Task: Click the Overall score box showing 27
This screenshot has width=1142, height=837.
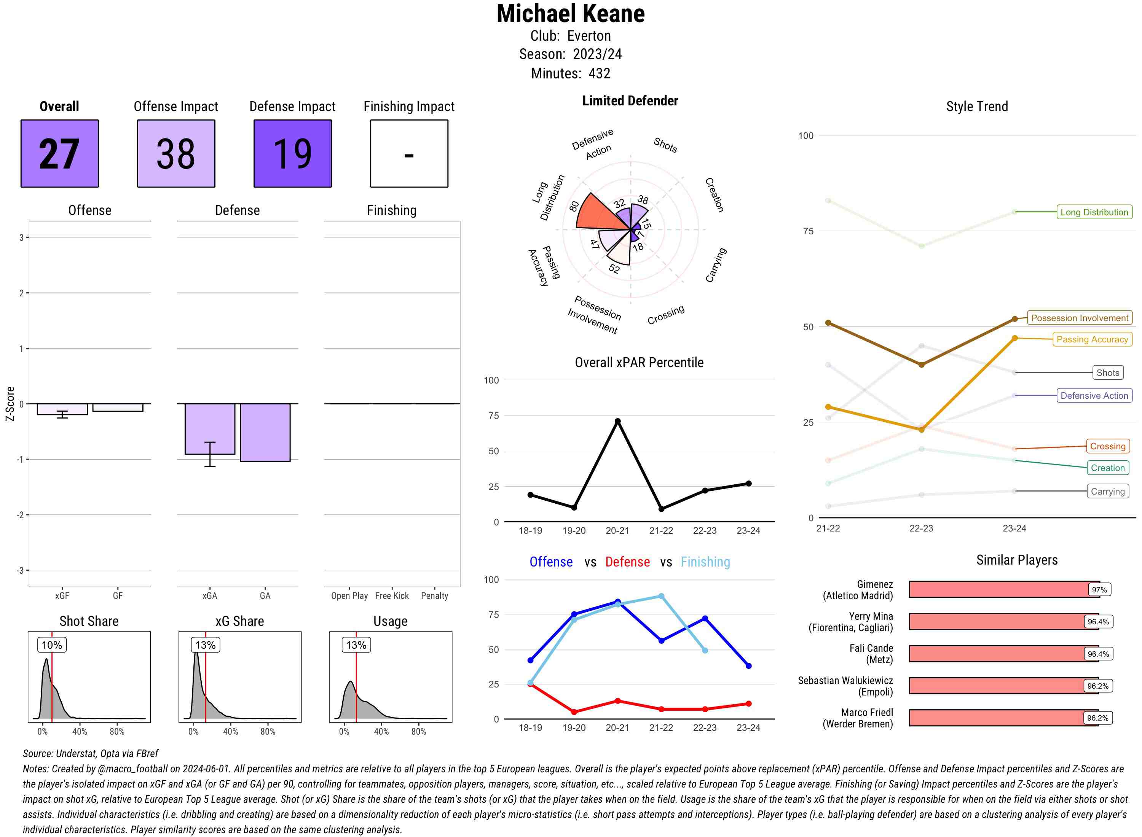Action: pyautogui.click(x=59, y=154)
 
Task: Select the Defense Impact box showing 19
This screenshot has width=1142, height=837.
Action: pyautogui.click(x=292, y=154)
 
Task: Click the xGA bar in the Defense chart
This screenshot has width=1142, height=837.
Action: pyautogui.click(x=209, y=429)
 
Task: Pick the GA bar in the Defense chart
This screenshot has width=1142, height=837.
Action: pyautogui.click(x=265, y=432)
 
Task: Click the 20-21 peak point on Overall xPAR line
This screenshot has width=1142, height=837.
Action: pyautogui.click(x=617, y=421)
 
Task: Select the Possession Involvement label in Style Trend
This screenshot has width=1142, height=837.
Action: pyautogui.click(x=1079, y=318)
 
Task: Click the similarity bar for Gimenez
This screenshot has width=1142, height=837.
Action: pyautogui.click(x=998, y=589)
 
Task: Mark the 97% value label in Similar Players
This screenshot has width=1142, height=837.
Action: pyautogui.click(x=1099, y=590)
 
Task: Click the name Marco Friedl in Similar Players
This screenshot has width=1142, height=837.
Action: pyautogui.click(x=867, y=712)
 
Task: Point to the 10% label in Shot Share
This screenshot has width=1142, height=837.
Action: pyautogui.click(x=52, y=645)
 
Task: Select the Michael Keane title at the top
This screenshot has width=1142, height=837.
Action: pyautogui.click(x=570, y=14)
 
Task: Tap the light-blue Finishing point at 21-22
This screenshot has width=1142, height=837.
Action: pyautogui.click(x=661, y=596)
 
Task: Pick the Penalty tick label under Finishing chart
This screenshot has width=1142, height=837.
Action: pyautogui.click(x=434, y=596)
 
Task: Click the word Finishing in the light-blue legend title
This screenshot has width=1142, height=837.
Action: pyautogui.click(x=705, y=562)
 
